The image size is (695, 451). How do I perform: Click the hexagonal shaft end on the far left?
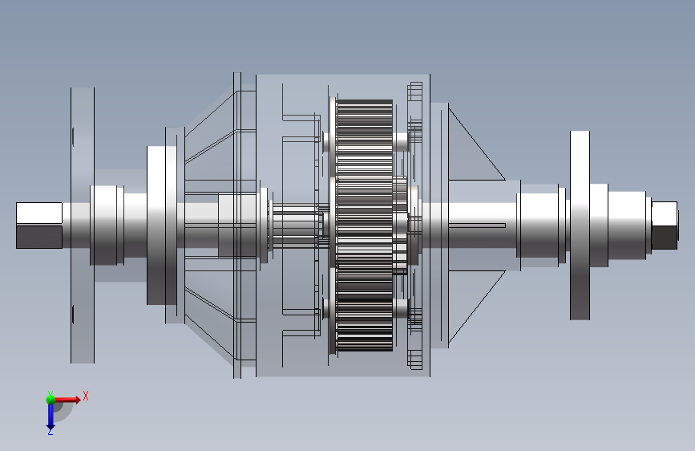pos(39,225)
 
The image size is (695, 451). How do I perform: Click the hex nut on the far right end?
pos(665,225)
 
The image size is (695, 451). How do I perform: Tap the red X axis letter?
pos(86,396)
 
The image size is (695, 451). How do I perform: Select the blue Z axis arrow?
pos(50,415)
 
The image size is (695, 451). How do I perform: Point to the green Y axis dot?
pos(51,399)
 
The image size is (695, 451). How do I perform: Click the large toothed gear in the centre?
pos(364,225)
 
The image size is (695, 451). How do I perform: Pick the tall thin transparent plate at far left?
pos(83,225)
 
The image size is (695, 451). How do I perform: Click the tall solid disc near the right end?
pos(580,225)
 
